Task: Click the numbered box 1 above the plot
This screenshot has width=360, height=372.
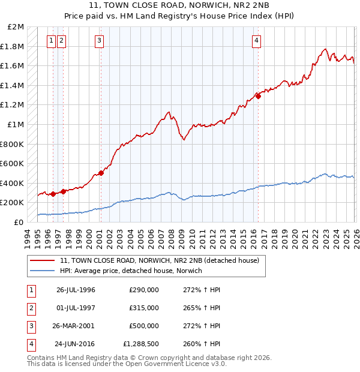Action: (52, 41)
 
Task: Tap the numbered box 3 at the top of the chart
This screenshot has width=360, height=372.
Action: (99, 41)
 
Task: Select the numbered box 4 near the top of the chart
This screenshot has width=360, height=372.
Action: (256, 41)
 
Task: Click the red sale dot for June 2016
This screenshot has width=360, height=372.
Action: (258, 95)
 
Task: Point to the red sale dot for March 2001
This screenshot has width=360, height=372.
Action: (101, 173)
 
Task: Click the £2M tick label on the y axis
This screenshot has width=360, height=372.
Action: (16, 27)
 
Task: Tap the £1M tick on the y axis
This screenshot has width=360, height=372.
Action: (16, 125)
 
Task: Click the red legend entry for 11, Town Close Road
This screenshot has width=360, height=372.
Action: (159, 260)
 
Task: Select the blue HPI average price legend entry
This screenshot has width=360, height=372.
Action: (131, 271)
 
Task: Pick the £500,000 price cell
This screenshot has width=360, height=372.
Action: (143, 326)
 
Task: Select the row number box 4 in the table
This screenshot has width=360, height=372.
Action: (31, 344)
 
